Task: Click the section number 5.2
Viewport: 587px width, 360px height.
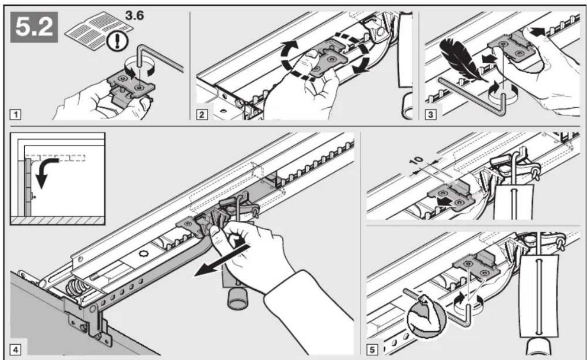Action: tap(34, 27)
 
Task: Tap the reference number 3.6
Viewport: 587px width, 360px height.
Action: tap(134, 15)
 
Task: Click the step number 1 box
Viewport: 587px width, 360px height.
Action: tap(15, 115)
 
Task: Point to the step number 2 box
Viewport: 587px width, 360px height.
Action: tap(202, 115)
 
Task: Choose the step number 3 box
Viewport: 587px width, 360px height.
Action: tap(431, 115)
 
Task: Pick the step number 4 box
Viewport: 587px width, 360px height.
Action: tap(15, 350)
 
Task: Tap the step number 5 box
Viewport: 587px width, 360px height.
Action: tap(372, 350)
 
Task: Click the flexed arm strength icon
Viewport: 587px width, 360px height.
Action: tap(426, 319)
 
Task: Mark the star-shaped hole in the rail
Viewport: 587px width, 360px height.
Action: tap(144, 254)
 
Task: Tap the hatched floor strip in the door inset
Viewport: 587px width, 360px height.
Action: tap(58, 220)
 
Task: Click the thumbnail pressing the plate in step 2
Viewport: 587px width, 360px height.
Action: tap(311, 54)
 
